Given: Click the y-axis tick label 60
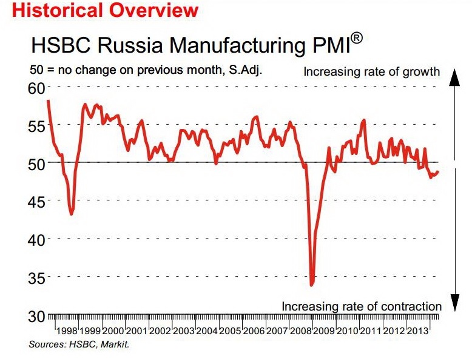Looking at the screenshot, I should pyautogui.click(x=36, y=87).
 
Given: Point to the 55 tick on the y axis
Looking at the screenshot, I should pyautogui.click(x=36, y=125).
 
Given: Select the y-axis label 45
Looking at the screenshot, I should pyautogui.click(x=36, y=202).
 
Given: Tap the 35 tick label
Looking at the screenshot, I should pyautogui.click(x=36, y=278).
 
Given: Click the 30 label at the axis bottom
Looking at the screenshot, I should pyautogui.click(x=36, y=316).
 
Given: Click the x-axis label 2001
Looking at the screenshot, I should pyautogui.click(x=136, y=332).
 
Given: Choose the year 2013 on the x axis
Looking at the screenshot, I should pyautogui.click(x=421, y=332).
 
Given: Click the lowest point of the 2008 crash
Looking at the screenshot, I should pyautogui.click(x=312, y=285).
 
